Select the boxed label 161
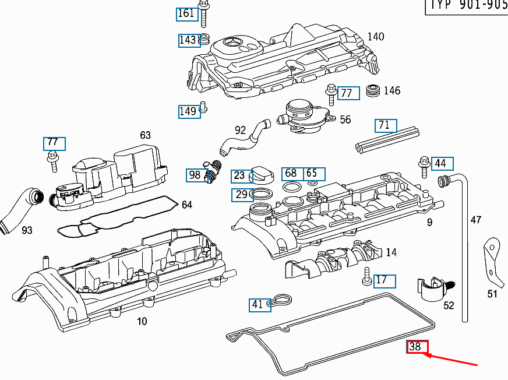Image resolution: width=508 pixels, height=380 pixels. pyautogui.click(x=186, y=13)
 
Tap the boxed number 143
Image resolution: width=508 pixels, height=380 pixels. pyautogui.click(x=188, y=40)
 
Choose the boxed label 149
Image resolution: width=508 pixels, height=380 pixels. pyautogui.click(x=188, y=111)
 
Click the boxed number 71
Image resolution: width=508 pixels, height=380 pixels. pyautogui.click(x=384, y=125)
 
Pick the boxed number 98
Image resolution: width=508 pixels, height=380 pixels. pyautogui.click(x=195, y=175)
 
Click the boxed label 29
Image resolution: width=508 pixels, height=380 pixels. pyautogui.click(x=241, y=195)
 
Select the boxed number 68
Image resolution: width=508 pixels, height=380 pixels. pyautogui.click(x=291, y=174)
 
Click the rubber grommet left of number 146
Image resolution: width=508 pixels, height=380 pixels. pyautogui.click(x=372, y=91)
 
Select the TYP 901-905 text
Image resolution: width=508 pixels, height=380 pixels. pyautogui.click(x=467, y=6)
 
